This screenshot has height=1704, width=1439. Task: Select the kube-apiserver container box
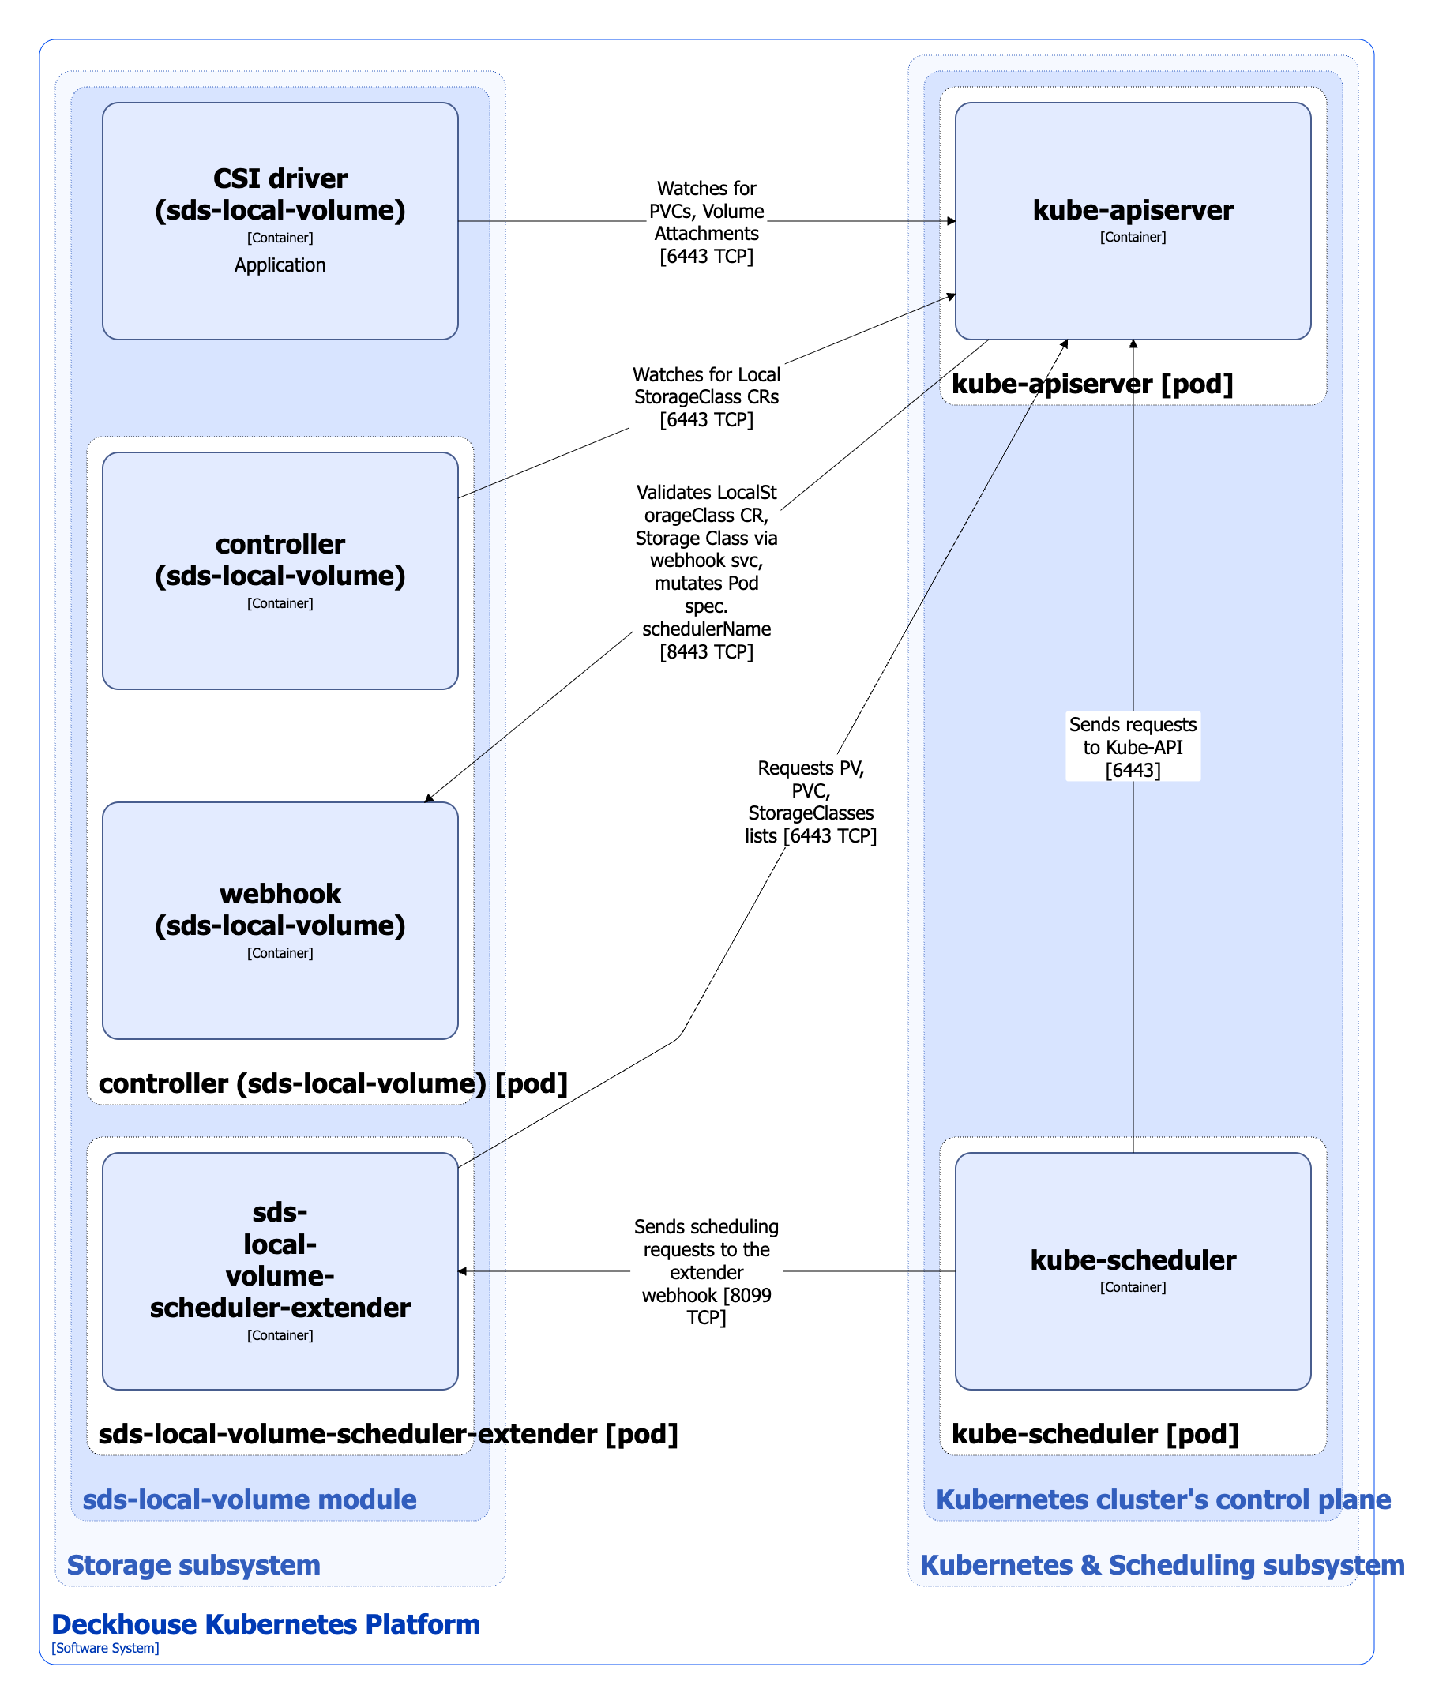pyautogui.click(x=1133, y=277)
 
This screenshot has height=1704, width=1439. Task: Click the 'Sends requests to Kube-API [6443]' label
pyautogui.click(x=1133, y=746)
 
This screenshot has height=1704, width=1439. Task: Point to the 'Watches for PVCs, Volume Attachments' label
pyautogui.click(x=706, y=222)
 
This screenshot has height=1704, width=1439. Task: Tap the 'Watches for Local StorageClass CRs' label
pyautogui.click(x=706, y=397)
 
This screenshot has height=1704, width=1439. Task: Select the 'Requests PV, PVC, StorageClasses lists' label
pyautogui.click(x=810, y=801)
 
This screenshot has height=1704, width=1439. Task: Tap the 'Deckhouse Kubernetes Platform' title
pyautogui.click(x=265, y=1624)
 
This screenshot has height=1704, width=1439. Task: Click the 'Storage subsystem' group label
pyautogui.click(x=193, y=1564)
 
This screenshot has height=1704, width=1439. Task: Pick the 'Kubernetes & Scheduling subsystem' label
pyautogui.click(x=1162, y=1564)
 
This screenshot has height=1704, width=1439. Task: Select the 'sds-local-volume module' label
pyautogui.click(x=249, y=1499)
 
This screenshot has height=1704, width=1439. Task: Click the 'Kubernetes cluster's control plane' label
pyautogui.click(x=1163, y=1499)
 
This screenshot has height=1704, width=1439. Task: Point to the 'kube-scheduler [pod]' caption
pyautogui.click(x=1095, y=1434)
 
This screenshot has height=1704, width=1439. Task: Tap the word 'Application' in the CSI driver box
pyautogui.click(x=280, y=265)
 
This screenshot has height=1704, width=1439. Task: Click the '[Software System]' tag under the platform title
pyautogui.click(x=105, y=1648)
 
